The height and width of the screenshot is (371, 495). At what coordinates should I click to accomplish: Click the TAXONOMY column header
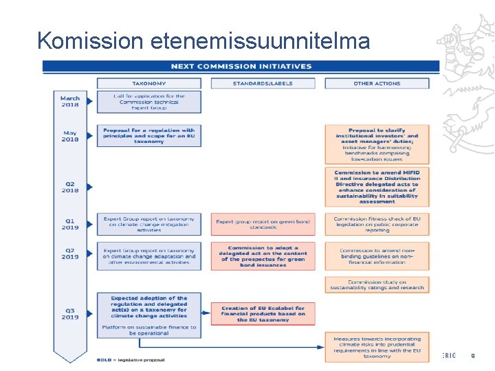click(x=148, y=83)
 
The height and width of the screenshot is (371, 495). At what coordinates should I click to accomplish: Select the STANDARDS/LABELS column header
click(x=262, y=83)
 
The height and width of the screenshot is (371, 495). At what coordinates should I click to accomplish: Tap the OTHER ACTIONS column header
click(x=377, y=83)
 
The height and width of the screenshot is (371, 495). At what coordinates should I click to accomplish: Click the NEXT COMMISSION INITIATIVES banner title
click(x=241, y=67)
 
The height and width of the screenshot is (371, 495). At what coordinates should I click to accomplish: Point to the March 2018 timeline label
click(x=70, y=102)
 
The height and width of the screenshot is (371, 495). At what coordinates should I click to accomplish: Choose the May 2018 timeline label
click(x=70, y=136)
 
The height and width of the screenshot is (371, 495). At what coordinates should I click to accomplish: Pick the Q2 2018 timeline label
click(x=70, y=187)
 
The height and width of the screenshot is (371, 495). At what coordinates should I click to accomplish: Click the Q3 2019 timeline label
click(x=70, y=313)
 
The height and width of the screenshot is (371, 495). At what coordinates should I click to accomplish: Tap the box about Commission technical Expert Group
click(x=148, y=102)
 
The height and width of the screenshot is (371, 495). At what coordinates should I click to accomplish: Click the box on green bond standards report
click(x=262, y=224)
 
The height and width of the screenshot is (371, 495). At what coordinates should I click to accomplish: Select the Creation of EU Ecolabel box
click(x=262, y=313)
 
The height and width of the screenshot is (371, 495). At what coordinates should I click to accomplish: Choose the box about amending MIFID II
click(x=377, y=187)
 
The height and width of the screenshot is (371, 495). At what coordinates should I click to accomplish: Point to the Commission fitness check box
click(x=377, y=224)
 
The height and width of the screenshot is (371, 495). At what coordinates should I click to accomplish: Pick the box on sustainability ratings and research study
click(x=377, y=284)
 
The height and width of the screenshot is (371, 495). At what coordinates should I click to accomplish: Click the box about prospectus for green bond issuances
click(x=262, y=256)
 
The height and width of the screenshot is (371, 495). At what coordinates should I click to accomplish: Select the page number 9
click(x=472, y=356)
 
